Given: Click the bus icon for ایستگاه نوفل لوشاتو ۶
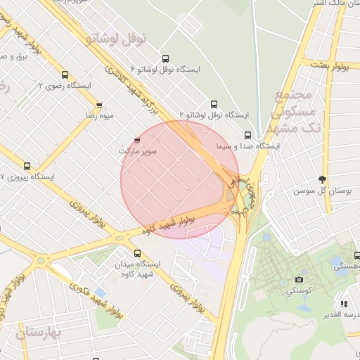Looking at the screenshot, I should coord(165,59).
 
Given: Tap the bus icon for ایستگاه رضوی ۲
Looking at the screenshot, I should coord(65,75).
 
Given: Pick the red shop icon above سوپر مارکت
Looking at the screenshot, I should coord(136,141).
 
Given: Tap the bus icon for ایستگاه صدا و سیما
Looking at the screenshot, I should coord(247,135).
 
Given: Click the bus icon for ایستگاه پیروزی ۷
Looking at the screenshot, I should coord(27,167).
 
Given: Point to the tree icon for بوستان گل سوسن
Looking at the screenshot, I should coord(322,179).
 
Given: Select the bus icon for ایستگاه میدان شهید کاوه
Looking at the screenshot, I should coord(136,253).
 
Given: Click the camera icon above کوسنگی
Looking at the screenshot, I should coord(299,279).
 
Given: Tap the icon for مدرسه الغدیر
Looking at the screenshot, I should coord(344,304).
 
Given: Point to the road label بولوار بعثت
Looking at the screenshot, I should coord(335,67).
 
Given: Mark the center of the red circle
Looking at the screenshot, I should coord(180,179).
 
